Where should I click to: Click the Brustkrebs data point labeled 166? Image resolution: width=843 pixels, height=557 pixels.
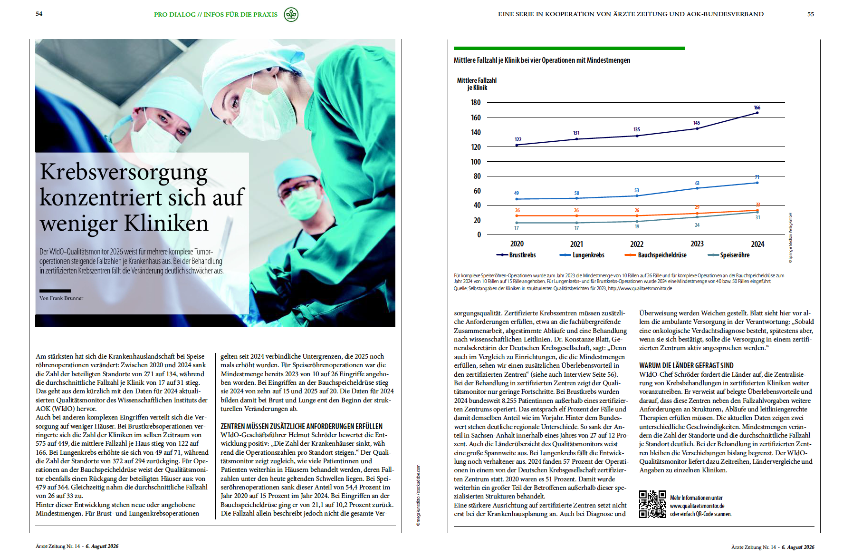757,113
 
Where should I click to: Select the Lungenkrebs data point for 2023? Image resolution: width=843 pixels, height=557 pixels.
697,188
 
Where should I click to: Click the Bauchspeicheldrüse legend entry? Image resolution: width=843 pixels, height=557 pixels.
656,255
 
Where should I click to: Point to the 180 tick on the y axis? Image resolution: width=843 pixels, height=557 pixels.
476,103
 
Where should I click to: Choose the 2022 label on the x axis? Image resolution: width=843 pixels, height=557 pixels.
637,244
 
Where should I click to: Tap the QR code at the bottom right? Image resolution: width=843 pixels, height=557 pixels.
652,504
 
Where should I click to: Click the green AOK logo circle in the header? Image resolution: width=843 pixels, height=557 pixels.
291,15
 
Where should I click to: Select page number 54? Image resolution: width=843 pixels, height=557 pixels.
39,14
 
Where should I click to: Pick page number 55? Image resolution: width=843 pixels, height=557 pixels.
811,14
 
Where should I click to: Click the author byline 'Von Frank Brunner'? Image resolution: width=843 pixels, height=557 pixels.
61,298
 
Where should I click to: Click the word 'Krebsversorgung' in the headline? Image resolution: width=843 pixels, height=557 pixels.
124,172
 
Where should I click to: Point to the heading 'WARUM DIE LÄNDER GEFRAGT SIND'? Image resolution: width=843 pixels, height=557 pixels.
686,365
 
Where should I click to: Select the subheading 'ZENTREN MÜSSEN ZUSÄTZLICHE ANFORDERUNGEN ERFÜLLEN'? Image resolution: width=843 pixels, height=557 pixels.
301,426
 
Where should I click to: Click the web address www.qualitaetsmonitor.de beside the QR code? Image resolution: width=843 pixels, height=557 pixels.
697,506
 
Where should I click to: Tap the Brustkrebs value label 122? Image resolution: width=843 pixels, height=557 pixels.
518,140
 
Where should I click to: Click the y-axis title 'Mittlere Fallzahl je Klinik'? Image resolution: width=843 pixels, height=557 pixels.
477,84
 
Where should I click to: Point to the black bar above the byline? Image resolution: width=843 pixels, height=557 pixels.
55,291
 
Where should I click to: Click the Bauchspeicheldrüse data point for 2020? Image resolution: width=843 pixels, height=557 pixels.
517,216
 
